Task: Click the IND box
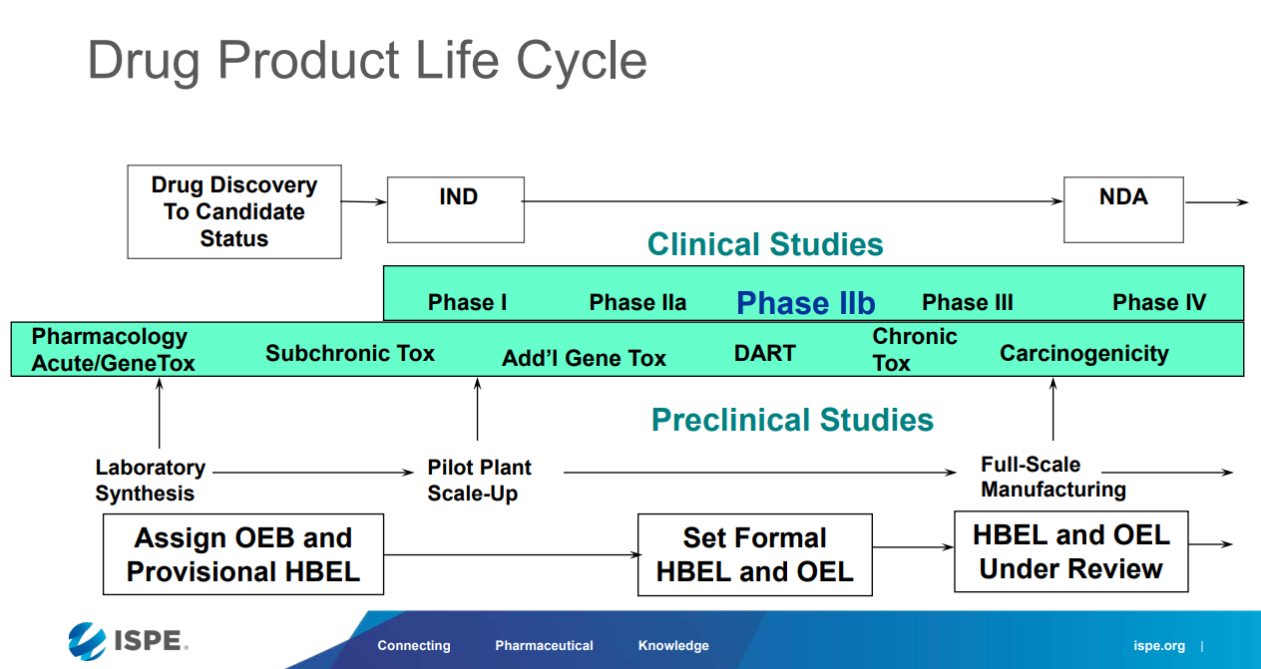coord(455,209)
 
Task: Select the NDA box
coord(1123,209)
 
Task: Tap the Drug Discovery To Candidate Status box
coord(234,211)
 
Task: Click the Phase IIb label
coord(805,303)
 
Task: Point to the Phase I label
coord(467,303)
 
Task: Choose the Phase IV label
coord(1159,303)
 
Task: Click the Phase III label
coord(967,303)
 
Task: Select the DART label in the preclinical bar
coord(764,354)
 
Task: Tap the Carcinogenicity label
coord(1083,354)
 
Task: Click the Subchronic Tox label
coord(350,354)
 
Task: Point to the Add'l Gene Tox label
coord(584,359)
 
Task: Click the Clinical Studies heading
coord(765,244)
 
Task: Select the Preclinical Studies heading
coord(792,420)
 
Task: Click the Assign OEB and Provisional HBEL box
coord(243,554)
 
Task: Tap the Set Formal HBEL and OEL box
coord(754,554)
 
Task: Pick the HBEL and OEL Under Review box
coord(1070,551)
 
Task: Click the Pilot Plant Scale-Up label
coord(479,480)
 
